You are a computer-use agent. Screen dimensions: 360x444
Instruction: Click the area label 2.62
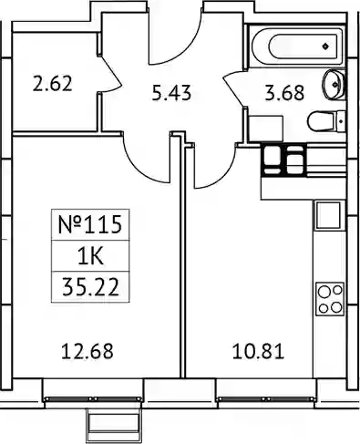click(x=53, y=84)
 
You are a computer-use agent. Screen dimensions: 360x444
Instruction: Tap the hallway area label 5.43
click(x=171, y=93)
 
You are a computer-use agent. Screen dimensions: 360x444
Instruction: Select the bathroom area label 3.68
click(x=284, y=93)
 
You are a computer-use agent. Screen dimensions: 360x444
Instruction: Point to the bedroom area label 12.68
click(x=87, y=351)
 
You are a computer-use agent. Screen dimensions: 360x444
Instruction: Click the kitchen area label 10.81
click(x=258, y=351)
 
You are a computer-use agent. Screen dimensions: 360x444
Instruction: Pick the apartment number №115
click(x=90, y=224)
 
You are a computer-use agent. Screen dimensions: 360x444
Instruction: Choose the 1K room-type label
click(x=91, y=256)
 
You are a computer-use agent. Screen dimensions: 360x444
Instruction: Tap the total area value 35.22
click(x=90, y=287)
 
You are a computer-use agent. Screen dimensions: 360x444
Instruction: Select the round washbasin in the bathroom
click(x=334, y=85)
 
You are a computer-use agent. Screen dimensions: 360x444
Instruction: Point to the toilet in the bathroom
click(x=326, y=121)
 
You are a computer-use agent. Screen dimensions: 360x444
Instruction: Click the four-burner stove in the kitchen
click(x=330, y=299)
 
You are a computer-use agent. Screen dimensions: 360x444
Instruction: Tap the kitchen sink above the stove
click(x=328, y=215)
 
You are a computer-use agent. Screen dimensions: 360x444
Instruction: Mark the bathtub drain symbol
click(x=325, y=46)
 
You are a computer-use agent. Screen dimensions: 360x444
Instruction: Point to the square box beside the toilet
click(x=266, y=129)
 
